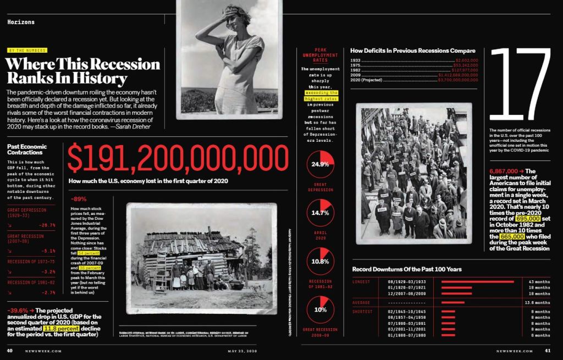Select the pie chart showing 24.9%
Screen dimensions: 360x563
(x=321, y=164)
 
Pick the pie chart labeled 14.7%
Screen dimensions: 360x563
(x=321, y=212)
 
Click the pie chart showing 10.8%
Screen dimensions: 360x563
(x=321, y=261)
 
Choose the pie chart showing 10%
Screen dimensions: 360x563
(x=321, y=309)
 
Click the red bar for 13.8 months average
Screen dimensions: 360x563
(x=452, y=302)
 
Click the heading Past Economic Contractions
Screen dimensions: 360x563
(x=27, y=149)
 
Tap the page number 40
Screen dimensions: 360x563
(x=10, y=350)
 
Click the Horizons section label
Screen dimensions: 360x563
(x=21, y=22)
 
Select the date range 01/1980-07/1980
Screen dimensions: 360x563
(x=406, y=335)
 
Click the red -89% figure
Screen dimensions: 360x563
(x=79, y=199)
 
